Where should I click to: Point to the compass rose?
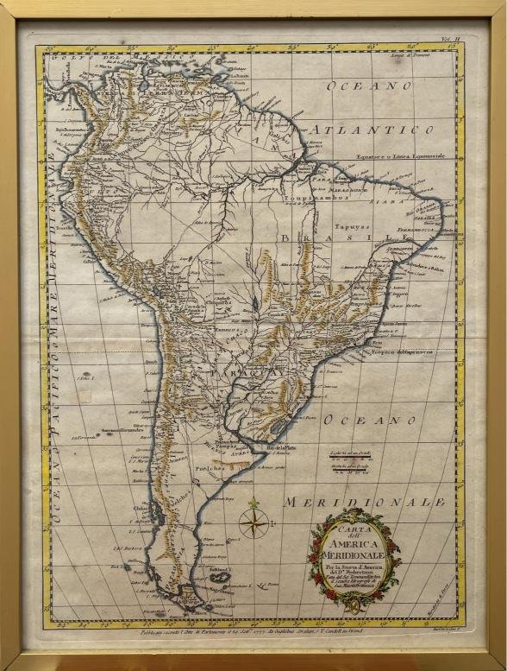point(253,522)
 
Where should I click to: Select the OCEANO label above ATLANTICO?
point(370,85)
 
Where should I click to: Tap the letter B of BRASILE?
point(285,237)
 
